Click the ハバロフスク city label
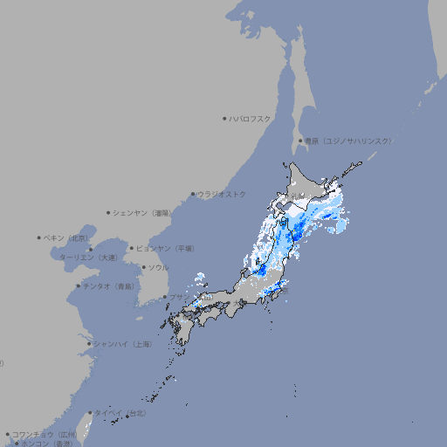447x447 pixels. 251,118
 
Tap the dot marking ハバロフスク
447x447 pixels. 224,118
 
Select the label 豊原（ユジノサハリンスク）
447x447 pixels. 347,141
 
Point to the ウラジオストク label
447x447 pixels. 222,194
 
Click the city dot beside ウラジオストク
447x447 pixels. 193,194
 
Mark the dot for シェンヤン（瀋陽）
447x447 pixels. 109,212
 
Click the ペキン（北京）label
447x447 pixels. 66,237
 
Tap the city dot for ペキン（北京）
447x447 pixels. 39,237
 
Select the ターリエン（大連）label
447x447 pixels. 88,258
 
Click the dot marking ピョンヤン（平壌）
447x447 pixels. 133,248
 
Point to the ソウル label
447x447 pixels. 158,267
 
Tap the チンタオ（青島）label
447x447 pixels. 109,286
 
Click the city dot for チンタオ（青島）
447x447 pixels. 79,286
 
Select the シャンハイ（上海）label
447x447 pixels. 122,344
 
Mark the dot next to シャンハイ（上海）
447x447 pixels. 89,344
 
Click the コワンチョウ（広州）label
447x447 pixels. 45,434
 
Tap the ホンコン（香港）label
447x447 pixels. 47,444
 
